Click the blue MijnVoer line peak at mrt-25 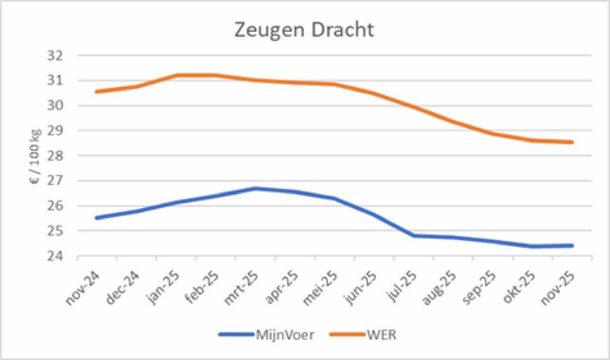tap(255, 188)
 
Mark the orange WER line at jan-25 tap(176, 75)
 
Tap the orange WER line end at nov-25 tap(573, 142)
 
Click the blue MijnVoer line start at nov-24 tap(97, 218)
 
